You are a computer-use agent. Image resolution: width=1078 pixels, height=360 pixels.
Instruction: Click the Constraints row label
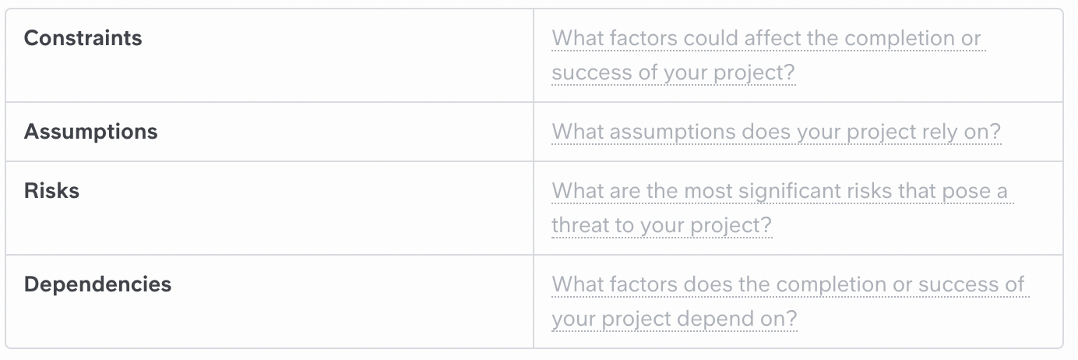click(x=83, y=38)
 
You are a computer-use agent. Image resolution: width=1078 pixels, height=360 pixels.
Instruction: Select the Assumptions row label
click(x=90, y=132)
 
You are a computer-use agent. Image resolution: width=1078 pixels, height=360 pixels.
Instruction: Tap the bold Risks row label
click(x=51, y=191)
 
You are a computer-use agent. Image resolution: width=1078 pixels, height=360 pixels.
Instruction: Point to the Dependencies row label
click(x=97, y=284)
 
